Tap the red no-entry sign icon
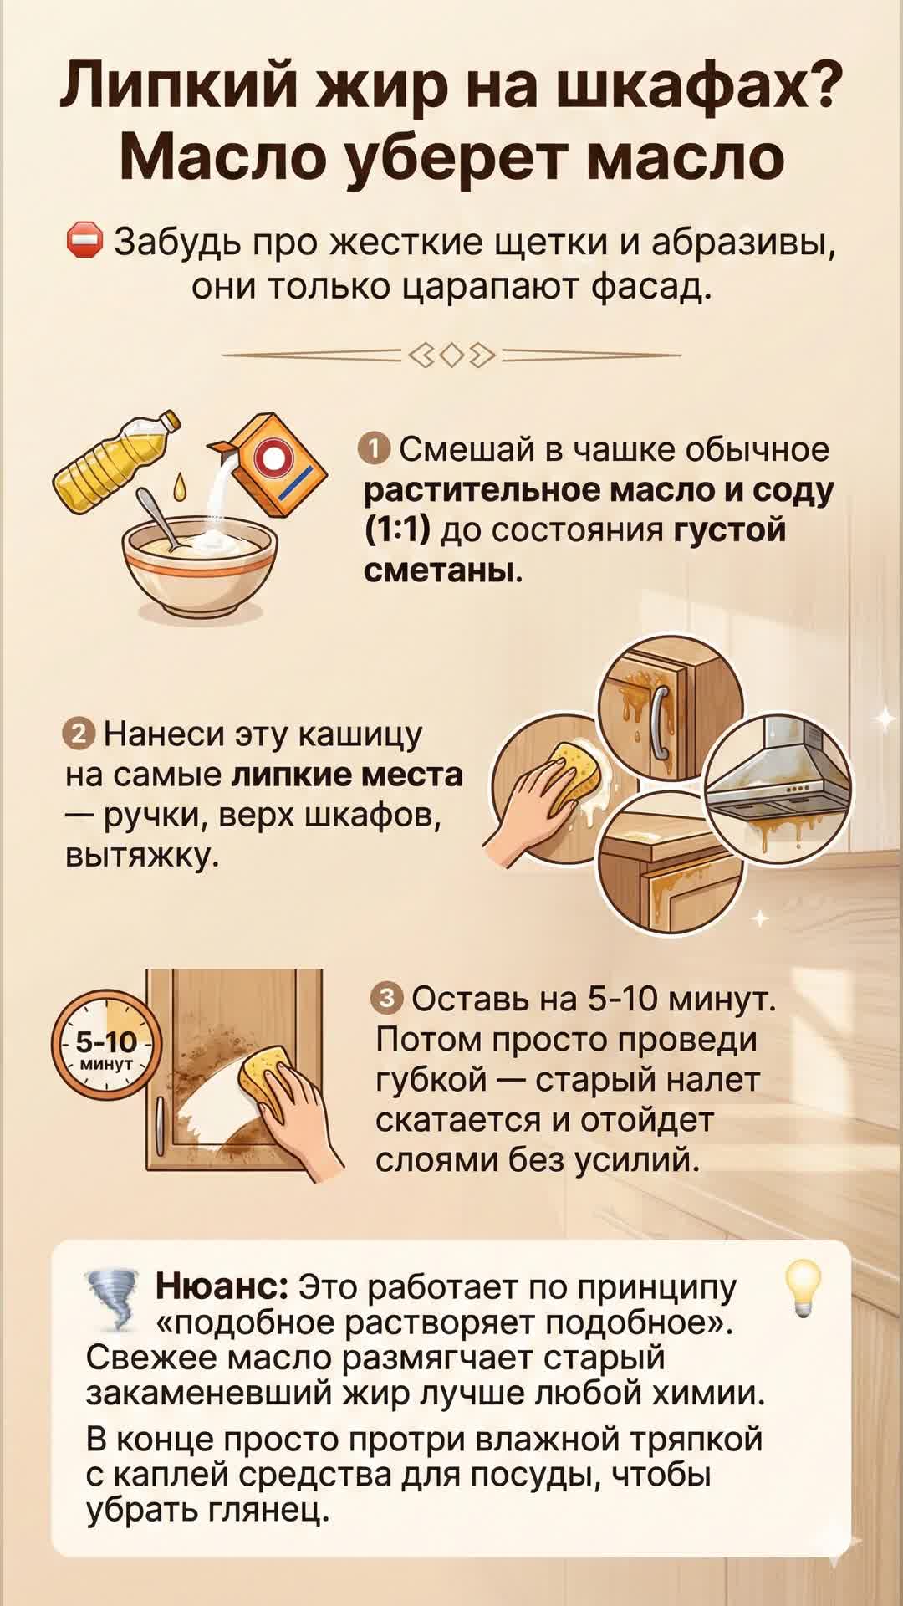tap(84, 241)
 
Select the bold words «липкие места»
tap(346, 775)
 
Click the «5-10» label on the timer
tap(106, 1041)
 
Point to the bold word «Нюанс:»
tap(222, 1286)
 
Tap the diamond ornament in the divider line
tap(451, 355)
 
